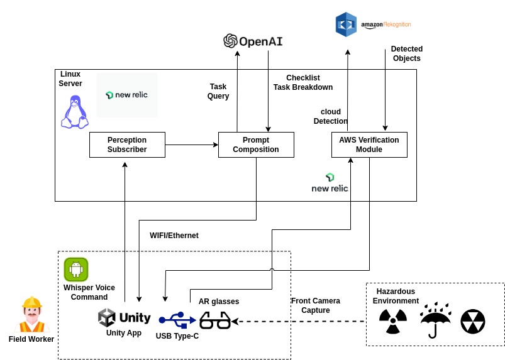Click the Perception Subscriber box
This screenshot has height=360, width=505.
[127, 145]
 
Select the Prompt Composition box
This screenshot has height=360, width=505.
[256, 145]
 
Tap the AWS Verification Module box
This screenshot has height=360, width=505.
[369, 145]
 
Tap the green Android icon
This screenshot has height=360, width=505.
[76, 270]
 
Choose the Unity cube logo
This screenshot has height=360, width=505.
[108, 317]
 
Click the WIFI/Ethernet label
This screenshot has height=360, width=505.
[174, 236]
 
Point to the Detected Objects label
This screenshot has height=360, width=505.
[407, 53]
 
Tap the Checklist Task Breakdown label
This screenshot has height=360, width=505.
[303, 82]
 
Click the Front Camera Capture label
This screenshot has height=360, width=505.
[316, 305]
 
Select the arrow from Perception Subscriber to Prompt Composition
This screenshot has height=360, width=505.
[191, 145]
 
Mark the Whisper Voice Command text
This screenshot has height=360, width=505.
[89, 292]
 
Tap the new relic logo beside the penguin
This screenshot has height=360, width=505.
[127, 95]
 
